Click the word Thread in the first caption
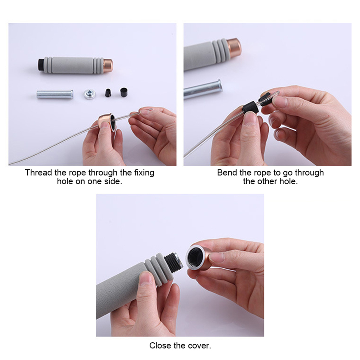point(39,172)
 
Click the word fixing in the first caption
point(144,173)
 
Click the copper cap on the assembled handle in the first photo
point(108,66)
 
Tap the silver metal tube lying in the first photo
point(55,94)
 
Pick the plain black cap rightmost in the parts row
point(124,92)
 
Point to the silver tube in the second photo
point(203,90)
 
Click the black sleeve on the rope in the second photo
point(250,108)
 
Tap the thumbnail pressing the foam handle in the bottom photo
point(146,278)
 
